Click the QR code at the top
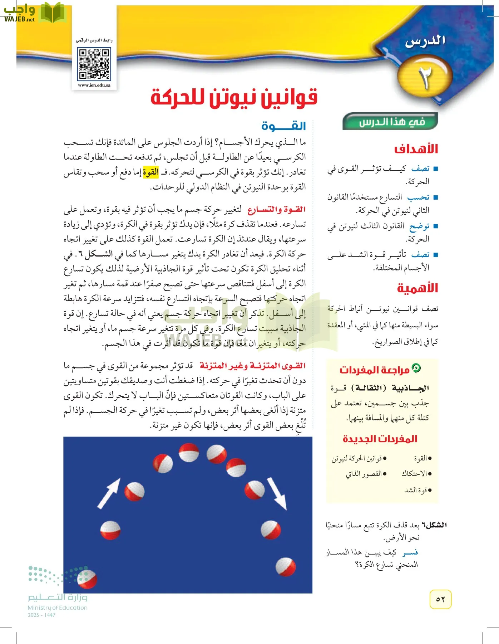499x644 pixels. pyautogui.click(x=94, y=64)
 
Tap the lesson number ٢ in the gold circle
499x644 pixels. pyautogui.click(x=425, y=78)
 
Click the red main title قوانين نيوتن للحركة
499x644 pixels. pyautogui.click(x=234, y=98)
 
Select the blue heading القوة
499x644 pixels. pyautogui.click(x=283, y=126)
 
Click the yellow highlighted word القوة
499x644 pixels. pyautogui.click(x=150, y=172)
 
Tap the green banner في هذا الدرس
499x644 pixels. pyautogui.click(x=390, y=122)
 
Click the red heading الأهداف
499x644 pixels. pyautogui.click(x=416, y=149)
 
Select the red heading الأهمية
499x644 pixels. pyautogui.click(x=418, y=288)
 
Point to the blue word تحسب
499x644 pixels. pyautogui.click(x=418, y=197)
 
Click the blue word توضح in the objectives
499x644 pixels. pyautogui.click(x=419, y=226)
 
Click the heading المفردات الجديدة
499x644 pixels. pyautogui.click(x=380, y=439)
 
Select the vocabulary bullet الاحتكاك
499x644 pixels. pyautogui.click(x=415, y=474)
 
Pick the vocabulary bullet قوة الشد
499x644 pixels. pyautogui.click(x=416, y=490)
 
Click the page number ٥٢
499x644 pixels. pyautogui.click(x=440, y=599)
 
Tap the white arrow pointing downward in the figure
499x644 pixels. pyautogui.click(x=277, y=493)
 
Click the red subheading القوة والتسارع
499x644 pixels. pyautogui.click(x=277, y=210)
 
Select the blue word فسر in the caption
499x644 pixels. pyautogui.click(x=410, y=553)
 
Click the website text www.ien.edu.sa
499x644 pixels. pyautogui.click(x=94, y=86)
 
